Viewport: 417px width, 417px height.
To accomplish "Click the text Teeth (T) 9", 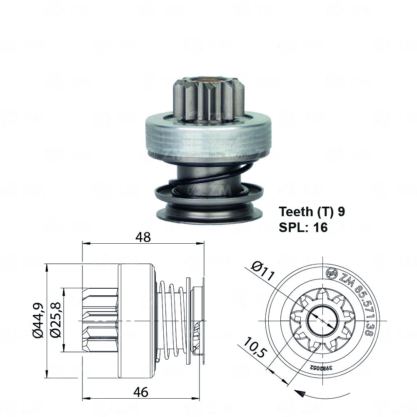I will point(312,212).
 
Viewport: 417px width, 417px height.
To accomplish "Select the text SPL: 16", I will point(303,227).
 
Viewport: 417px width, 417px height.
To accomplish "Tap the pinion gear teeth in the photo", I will point(208,100).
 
